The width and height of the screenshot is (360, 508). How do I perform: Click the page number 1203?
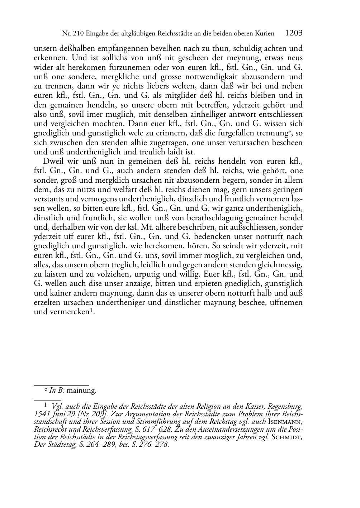[294, 33]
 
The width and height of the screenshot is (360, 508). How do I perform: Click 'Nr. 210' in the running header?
[71, 34]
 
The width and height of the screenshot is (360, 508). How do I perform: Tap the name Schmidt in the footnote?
[286, 437]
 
